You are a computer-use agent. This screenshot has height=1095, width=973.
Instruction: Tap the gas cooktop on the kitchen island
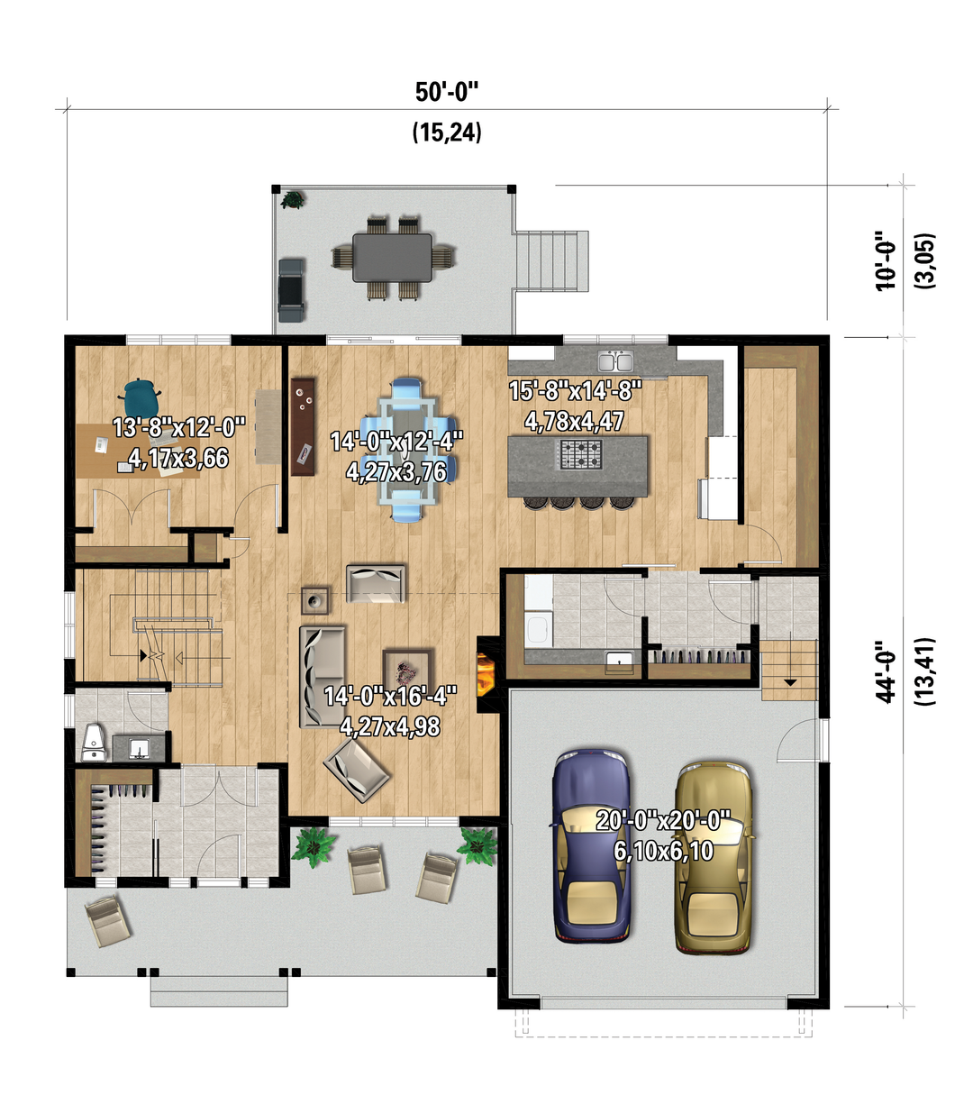pyautogui.click(x=581, y=454)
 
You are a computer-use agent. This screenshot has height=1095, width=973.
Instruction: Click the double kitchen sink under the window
pyautogui.click(x=615, y=360)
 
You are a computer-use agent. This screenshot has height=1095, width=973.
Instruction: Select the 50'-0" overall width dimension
pyautogui.click(x=447, y=92)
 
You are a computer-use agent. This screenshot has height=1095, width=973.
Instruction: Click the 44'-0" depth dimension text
pyautogui.click(x=886, y=671)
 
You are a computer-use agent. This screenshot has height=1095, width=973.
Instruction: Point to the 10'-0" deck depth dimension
pyautogui.click(x=886, y=261)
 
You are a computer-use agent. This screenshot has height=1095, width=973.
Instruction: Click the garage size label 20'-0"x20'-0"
pyautogui.click(x=663, y=820)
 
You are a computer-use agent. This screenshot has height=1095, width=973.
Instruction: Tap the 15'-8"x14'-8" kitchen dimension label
pyautogui.click(x=575, y=390)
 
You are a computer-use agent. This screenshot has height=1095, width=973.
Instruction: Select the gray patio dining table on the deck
pyautogui.click(x=392, y=257)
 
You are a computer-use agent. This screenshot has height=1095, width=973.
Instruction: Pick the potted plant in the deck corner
pyautogui.click(x=292, y=200)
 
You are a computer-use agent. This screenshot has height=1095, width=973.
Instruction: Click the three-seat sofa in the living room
pyautogui.click(x=323, y=677)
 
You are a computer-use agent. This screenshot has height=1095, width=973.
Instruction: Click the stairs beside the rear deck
pyautogui.click(x=551, y=261)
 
